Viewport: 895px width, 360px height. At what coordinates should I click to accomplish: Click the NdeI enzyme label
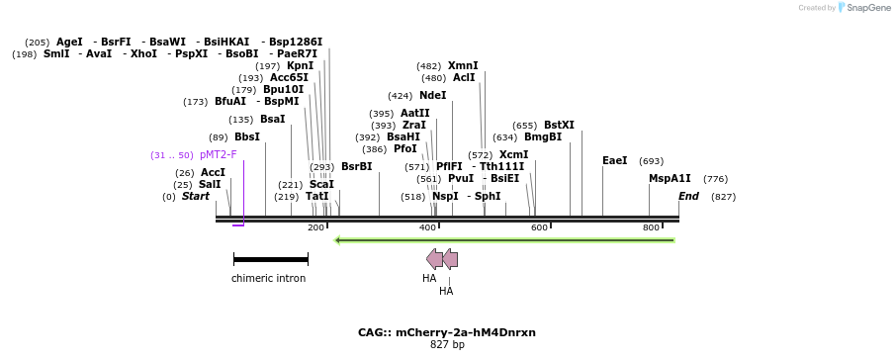(432, 96)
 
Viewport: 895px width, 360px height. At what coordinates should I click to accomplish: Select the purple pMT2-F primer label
(218, 155)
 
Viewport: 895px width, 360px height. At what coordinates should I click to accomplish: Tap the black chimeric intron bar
(271, 259)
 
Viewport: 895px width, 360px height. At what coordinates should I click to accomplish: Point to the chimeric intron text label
(268, 279)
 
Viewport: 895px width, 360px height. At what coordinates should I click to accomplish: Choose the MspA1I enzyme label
(670, 179)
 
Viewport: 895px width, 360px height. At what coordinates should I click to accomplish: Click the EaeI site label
(614, 161)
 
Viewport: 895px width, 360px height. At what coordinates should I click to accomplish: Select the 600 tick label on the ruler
(539, 228)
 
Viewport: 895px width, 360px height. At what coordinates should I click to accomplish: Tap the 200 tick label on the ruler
(315, 228)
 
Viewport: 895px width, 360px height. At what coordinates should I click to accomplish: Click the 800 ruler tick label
(651, 228)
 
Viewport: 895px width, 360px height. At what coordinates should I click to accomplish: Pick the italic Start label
(196, 197)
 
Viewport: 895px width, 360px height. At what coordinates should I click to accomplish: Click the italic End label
(688, 197)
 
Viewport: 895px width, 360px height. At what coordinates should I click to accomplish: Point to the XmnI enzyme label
(463, 66)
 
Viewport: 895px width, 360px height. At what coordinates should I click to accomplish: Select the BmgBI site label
(543, 137)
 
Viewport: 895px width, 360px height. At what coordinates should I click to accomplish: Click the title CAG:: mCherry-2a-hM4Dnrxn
(447, 332)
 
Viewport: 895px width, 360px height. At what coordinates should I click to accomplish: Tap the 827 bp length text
(447, 345)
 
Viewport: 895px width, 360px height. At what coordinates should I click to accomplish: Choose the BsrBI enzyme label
(356, 167)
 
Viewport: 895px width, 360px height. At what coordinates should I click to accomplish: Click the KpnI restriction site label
(300, 66)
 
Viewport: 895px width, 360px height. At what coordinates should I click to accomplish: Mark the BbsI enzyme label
(247, 137)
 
